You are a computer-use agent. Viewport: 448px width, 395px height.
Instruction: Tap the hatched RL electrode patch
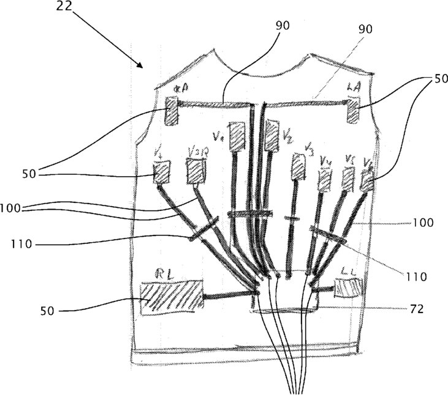click(x=172, y=298)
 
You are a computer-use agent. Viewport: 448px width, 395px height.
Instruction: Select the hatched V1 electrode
click(x=237, y=137)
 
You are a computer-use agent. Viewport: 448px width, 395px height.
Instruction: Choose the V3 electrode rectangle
click(x=298, y=166)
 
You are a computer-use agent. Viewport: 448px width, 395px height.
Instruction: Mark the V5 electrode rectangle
click(x=348, y=178)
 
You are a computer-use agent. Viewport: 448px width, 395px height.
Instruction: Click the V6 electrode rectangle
click(x=367, y=180)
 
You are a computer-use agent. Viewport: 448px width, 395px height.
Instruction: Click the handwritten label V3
click(x=308, y=150)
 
